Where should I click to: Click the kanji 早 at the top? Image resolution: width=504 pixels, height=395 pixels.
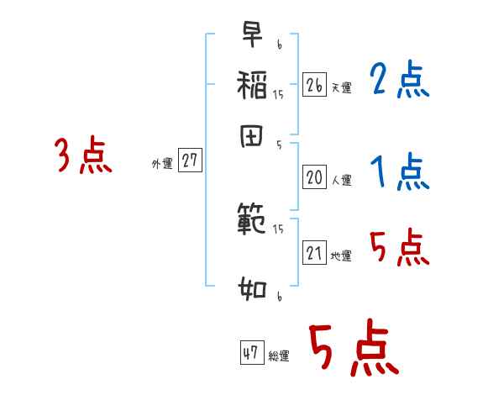[252, 36]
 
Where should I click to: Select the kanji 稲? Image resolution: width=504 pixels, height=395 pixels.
[252, 84]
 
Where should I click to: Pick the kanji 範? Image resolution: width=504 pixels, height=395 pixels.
[252, 219]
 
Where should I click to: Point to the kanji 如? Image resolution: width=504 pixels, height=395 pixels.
[252, 290]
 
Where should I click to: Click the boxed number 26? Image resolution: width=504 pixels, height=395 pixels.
[314, 85]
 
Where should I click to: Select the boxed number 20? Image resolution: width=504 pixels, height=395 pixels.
[314, 176]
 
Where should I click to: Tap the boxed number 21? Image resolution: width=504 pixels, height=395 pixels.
[314, 253]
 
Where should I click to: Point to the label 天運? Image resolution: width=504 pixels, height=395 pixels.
[342, 87]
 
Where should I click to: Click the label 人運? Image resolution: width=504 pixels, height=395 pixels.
[342, 179]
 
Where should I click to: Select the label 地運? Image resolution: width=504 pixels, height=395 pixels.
[342, 255]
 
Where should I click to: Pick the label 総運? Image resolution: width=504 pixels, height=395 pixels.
[279, 356]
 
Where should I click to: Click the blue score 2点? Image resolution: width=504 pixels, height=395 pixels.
[399, 82]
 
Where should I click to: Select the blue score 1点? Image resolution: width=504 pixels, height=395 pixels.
[399, 173]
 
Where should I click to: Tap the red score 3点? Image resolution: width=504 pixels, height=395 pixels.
[83, 156]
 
